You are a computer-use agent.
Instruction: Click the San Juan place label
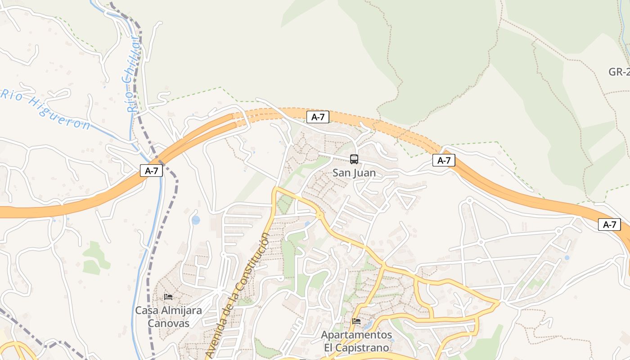pyautogui.click(x=354, y=173)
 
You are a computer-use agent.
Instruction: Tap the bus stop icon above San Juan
pyautogui.click(x=354, y=159)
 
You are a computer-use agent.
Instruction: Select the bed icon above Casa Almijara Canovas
pyautogui.click(x=168, y=297)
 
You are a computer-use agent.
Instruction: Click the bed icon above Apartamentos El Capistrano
pyautogui.click(x=356, y=321)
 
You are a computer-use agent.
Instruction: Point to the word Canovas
pyautogui.click(x=169, y=323)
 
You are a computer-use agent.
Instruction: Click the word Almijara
pyautogui.click(x=180, y=310)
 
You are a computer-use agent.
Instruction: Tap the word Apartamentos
pyautogui.click(x=356, y=335)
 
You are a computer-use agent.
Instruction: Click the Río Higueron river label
pyautogui.click(x=45, y=108)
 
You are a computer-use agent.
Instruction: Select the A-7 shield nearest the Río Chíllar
pyautogui.click(x=151, y=171)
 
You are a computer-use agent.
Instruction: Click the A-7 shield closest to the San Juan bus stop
pyautogui.click(x=318, y=117)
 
